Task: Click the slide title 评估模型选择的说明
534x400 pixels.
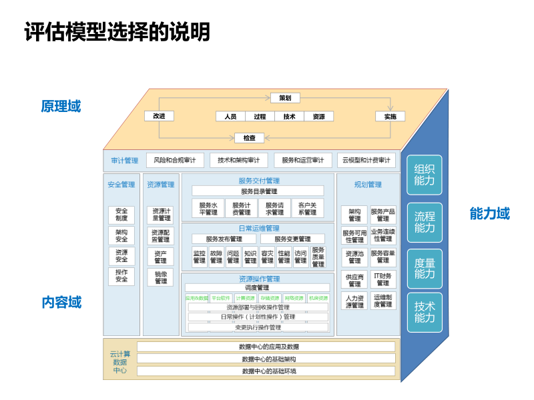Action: (x=117, y=32)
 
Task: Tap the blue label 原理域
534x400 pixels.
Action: (x=61, y=107)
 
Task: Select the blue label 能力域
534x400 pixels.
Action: (x=489, y=213)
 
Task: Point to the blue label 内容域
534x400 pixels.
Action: (x=61, y=302)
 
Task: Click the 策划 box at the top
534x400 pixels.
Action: (x=285, y=98)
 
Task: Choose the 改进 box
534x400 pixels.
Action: (x=159, y=116)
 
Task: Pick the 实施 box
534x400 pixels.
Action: (x=390, y=117)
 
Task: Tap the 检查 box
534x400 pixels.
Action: (x=249, y=138)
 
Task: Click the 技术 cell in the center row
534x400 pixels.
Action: (x=289, y=117)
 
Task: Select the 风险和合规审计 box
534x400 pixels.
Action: (x=174, y=161)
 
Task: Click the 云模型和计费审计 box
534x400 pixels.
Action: (x=366, y=161)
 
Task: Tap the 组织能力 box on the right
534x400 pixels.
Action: (x=425, y=175)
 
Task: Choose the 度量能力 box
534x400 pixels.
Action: (x=425, y=269)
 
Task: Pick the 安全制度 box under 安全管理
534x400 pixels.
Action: (x=121, y=215)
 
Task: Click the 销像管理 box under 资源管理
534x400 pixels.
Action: (x=160, y=277)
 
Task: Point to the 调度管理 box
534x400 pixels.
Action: (x=256, y=288)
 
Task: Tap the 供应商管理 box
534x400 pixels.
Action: (x=354, y=280)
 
